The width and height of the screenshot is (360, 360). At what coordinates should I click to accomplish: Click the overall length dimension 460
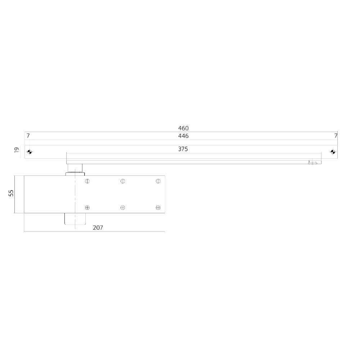[183, 128]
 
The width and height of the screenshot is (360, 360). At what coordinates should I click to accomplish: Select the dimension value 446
[183, 136]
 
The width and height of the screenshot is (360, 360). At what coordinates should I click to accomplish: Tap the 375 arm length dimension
[183, 149]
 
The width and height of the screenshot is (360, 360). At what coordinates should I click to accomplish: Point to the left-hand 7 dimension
[28, 136]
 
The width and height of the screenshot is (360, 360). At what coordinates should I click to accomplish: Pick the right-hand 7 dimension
[336, 136]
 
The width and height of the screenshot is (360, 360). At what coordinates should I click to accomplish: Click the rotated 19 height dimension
[16, 150]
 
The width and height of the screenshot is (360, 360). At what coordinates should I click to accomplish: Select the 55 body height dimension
[11, 193]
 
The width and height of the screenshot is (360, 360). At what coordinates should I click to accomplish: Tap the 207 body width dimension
[98, 228]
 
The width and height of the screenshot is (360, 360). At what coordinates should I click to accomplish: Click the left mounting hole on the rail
[30, 152]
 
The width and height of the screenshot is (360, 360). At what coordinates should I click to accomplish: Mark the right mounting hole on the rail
[333, 152]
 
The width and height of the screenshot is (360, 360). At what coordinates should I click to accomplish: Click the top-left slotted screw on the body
[87, 181]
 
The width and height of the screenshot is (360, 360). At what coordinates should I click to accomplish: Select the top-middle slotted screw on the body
[123, 181]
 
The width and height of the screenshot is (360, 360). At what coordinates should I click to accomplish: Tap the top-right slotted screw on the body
[158, 181]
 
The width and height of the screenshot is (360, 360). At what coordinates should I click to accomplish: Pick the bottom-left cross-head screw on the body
[87, 207]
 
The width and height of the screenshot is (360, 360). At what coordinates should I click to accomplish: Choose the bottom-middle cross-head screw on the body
[123, 207]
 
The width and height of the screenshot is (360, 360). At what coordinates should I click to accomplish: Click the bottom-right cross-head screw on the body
[158, 207]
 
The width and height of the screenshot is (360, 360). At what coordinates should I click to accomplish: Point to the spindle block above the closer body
[75, 168]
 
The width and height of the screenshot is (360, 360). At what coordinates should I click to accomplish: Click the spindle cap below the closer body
[75, 219]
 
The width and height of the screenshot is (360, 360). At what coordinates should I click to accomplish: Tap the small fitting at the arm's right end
[312, 163]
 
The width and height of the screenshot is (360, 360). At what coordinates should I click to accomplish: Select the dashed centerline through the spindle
[75, 194]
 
